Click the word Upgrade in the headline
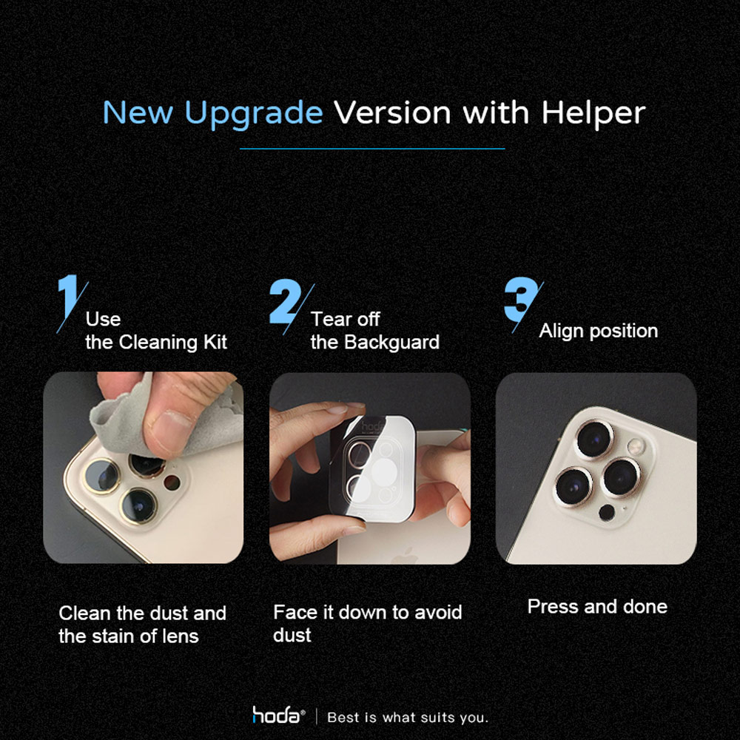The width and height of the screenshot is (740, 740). tap(253, 114)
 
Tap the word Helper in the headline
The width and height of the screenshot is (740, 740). tap(593, 112)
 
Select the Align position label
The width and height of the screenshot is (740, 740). tap(599, 331)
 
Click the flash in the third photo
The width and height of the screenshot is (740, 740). tap(635, 446)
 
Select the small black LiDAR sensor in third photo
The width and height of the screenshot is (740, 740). tap(607, 513)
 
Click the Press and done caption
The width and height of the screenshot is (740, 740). tap(597, 607)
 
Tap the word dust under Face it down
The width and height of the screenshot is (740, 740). tap(292, 635)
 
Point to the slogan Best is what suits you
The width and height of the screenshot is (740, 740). tap(408, 717)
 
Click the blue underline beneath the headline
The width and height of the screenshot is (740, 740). tap(372, 149)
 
